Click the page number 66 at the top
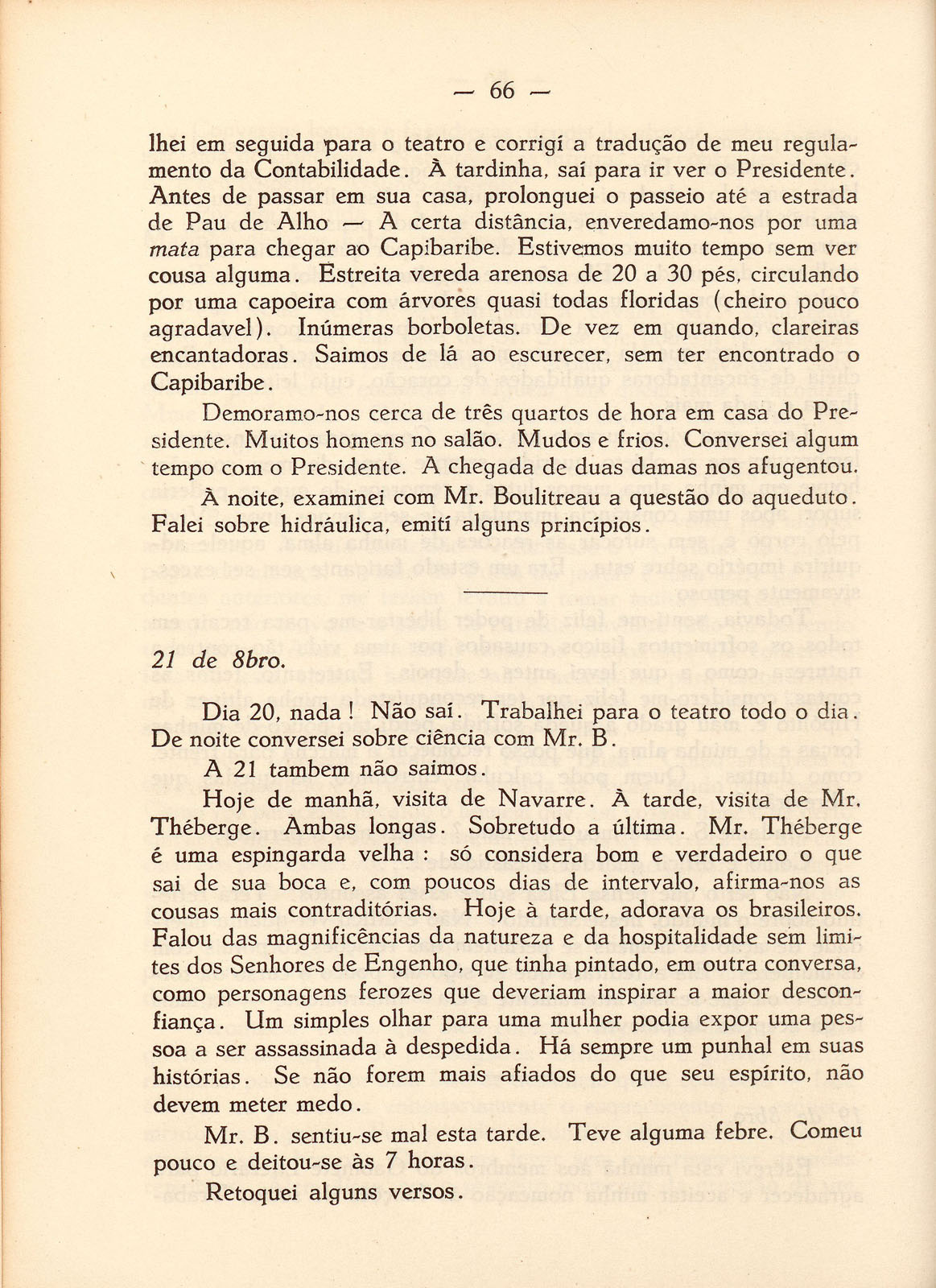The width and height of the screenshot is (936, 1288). click(x=501, y=91)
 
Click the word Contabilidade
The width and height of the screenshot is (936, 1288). click(x=327, y=170)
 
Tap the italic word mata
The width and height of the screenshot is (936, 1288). click(x=175, y=249)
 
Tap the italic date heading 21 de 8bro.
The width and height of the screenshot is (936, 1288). click(x=217, y=661)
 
